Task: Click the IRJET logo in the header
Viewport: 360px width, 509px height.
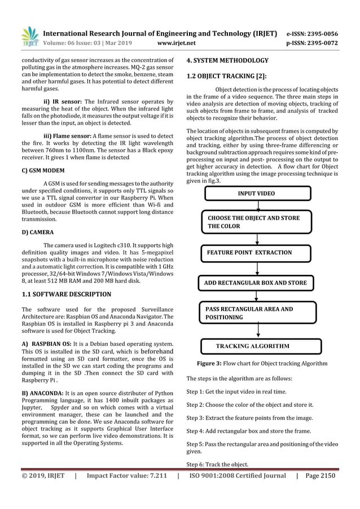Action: pos(28,37)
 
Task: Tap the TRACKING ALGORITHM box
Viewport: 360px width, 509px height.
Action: pos(261,346)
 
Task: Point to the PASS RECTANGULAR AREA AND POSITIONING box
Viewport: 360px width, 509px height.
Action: pos(255,313)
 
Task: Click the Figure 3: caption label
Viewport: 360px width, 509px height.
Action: pos(209,364)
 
